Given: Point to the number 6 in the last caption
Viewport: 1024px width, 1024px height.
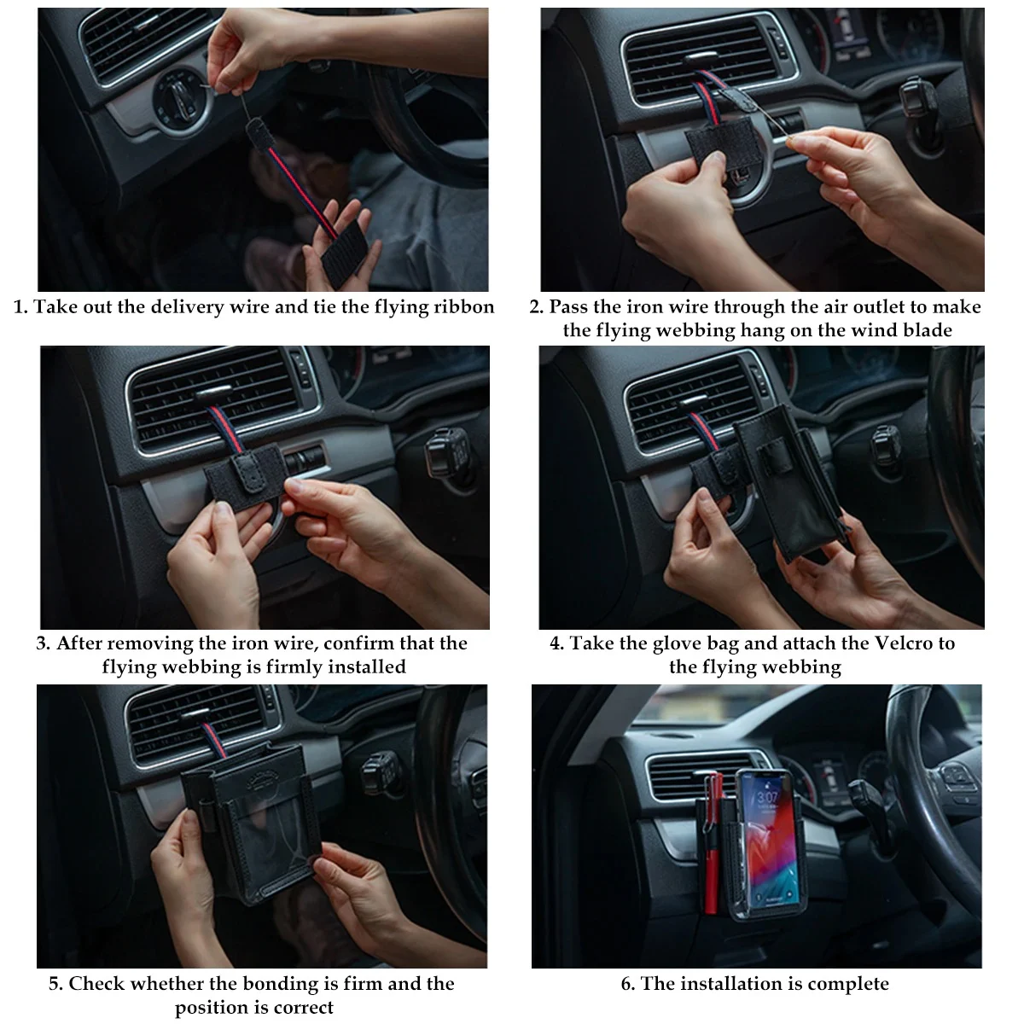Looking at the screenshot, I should pos(627,984).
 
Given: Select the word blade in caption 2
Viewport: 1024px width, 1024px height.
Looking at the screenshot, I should pos(925,330).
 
